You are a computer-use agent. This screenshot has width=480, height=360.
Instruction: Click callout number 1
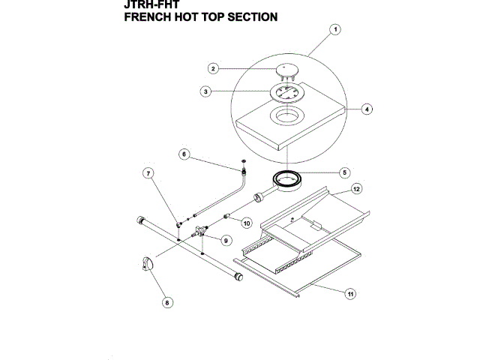pos(336,30)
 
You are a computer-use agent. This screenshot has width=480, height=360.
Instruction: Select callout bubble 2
pos(214,68)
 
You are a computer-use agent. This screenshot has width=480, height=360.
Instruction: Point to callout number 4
pos(366,109)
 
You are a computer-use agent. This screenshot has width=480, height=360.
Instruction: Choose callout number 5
pos(345,172)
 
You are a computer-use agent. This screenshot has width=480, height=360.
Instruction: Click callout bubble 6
pos(184,154)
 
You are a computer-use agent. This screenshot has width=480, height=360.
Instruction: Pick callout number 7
pos(148,173)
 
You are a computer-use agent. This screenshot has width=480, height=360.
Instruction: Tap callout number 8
pos(167,302)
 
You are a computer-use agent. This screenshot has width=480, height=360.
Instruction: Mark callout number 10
pos(246,222)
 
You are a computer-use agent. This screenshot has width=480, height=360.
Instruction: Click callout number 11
pos(349,293)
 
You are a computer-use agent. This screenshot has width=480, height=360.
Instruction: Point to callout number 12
pos(357,188)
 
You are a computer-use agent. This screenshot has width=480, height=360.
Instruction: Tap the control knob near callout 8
pos(148,262)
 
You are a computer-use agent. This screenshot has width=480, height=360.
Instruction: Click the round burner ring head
pos(286,178)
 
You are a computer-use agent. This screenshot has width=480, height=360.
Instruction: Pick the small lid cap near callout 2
pos(286,70)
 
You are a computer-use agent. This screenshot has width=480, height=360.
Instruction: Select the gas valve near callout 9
pos(198,233)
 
